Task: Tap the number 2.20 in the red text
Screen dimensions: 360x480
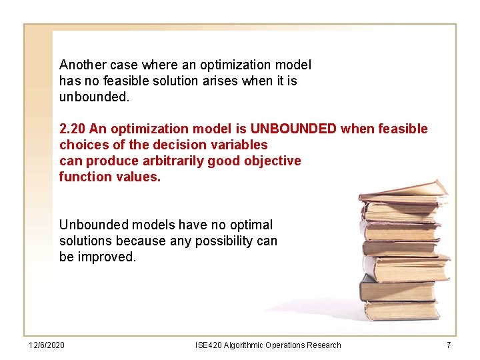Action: pos(72,129)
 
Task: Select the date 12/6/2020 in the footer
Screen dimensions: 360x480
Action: pos(47,345)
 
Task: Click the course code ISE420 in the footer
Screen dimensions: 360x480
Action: pos(208,345)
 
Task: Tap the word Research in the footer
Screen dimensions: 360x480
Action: pos(321,345)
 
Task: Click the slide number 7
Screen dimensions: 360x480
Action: pos(449,345)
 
